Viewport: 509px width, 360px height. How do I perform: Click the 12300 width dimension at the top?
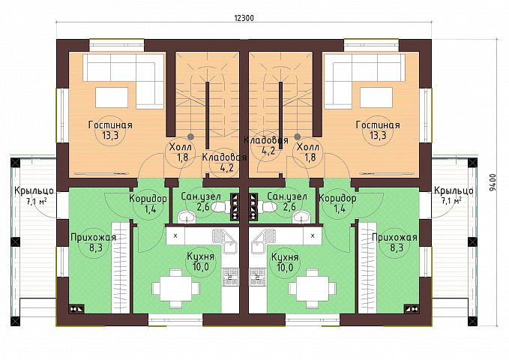pos(244,18)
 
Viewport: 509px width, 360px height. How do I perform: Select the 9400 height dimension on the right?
pos(493,183)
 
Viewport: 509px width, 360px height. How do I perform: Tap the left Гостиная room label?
pos(110,125)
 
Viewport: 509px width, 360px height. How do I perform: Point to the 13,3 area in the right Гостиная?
pos(378,135)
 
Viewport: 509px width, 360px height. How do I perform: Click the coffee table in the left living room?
pos(112,97)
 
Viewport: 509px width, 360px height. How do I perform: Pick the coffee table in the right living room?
pos(376,97)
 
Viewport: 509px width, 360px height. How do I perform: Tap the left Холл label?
pos(181,147)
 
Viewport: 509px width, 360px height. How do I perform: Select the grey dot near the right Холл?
pos(298,136)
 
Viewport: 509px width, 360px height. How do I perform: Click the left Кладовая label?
pos(224,157)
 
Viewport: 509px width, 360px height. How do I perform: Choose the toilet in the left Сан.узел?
pos(220,207)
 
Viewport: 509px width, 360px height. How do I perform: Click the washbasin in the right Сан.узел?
pos(301,217)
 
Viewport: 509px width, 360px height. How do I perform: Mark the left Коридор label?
pos(148,198)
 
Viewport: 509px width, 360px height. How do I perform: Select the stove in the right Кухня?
pos(258,277)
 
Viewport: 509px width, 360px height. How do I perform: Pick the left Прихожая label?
pos(93,238)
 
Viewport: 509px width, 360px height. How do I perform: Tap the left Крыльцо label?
pos(34,190)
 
